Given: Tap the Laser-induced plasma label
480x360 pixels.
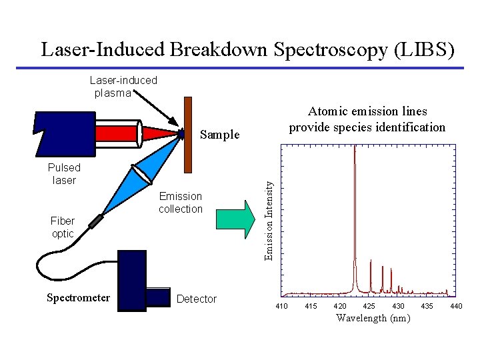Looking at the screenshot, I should pos(123,87).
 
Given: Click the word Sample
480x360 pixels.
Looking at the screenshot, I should pos(220,135).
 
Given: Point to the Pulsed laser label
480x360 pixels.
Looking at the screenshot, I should pos(64,174).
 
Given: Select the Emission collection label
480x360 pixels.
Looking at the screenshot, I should pos(180,203).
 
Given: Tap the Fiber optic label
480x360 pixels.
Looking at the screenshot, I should pos(63,227).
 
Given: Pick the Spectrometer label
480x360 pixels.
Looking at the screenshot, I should pos(79,298).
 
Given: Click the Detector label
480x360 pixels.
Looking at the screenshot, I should pos(197,299).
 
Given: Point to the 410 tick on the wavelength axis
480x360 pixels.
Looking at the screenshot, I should pos(282,306).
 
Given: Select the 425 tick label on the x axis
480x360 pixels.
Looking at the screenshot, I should pos(369,306).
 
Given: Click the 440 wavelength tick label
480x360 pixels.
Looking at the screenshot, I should pos(456,306).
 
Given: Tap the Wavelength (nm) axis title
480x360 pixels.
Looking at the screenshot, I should pos(373,318).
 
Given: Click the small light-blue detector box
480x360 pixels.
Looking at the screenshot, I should pos(159,297).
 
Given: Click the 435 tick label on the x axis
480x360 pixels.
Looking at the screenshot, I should pos(427,306).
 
